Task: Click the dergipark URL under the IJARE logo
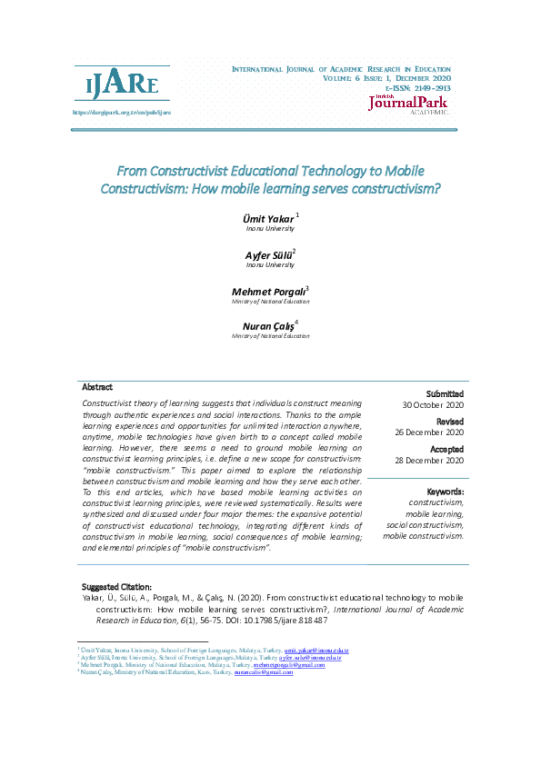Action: [121, 112]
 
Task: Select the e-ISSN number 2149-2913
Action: [423, 88]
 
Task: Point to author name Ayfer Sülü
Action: [266, 255]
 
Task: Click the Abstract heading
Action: [97, 387]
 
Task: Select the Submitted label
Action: [446, 393]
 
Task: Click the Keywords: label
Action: [446, 492]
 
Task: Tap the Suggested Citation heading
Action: [117, 587]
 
